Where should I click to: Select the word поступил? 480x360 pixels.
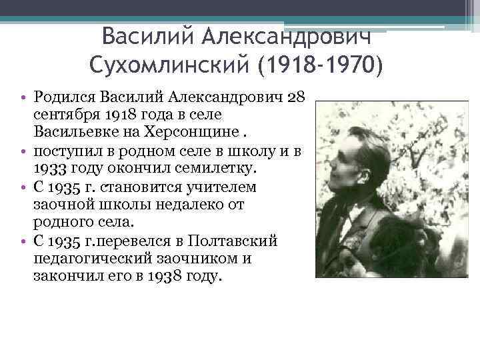tap(63, 147)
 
